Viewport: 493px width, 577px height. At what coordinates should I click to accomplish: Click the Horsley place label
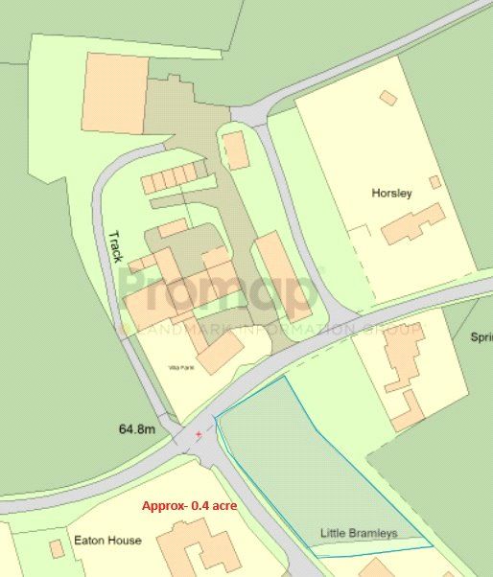[391, 193]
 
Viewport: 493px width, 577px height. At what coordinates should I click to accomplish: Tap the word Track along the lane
[115, 246]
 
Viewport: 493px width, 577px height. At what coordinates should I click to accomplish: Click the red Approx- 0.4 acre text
[190, 505]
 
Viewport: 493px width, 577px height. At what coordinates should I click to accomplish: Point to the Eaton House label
[107, 541]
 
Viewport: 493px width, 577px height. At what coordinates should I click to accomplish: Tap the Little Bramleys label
[358, 533]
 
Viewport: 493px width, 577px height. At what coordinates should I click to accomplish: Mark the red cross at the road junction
[200, 434]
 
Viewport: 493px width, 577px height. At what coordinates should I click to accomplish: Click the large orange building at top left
[115, 93]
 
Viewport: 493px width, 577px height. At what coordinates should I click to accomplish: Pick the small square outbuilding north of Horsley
[388, 98]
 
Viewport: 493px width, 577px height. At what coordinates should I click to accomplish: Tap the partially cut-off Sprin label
[481, 337]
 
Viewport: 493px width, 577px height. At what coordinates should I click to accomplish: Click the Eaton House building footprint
[198, 545]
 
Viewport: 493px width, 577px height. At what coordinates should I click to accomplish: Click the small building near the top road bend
[235, 150]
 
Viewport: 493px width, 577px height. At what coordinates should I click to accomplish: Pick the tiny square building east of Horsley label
[434, 182]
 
